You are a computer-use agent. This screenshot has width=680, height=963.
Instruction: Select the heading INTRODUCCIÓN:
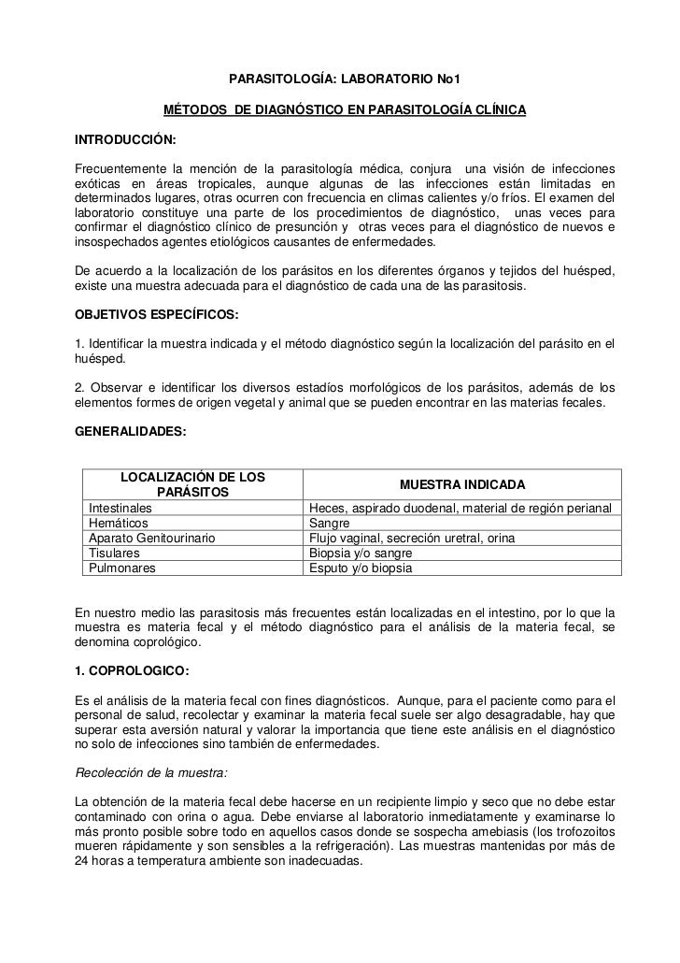pos(125,139)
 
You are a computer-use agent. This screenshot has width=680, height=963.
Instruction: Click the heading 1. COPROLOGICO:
pos(131,670)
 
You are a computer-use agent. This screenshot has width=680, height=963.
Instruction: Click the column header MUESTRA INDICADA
pos(462,485)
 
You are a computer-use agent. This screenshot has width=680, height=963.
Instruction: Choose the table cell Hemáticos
pos(118,523)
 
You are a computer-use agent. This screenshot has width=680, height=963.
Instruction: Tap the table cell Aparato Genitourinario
pos(151,538)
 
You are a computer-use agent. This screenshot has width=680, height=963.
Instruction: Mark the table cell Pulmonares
pos(121,568)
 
